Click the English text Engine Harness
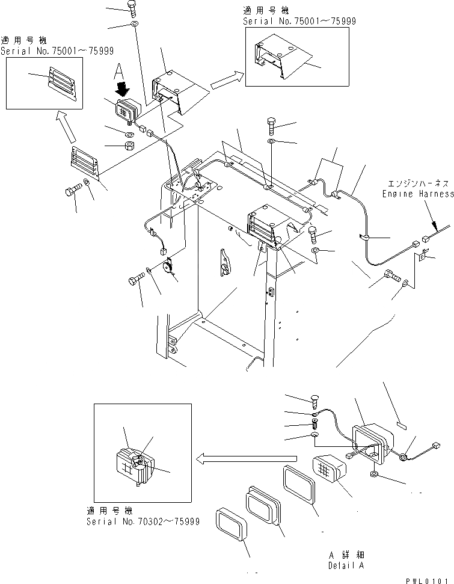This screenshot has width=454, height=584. (418, 194)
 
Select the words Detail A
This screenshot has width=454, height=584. (346, 565)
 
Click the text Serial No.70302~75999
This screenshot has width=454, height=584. (142, 521)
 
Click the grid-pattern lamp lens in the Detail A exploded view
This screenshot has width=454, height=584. (328, 469)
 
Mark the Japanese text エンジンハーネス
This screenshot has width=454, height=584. (417, 185)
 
